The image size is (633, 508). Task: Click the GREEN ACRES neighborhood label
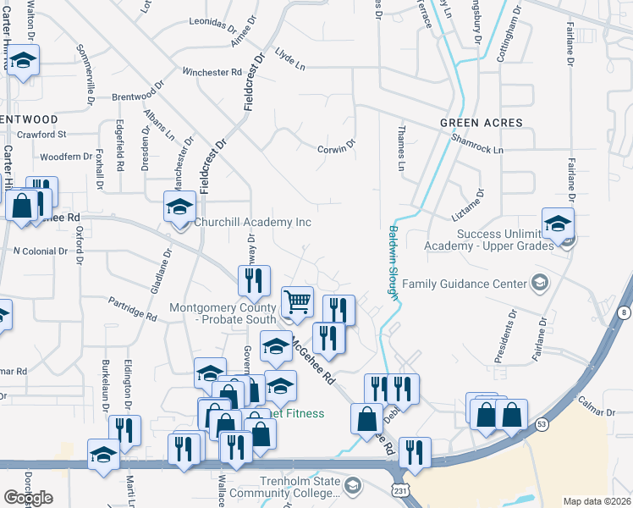[482, 123]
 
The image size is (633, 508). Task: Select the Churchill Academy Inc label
[253, 223]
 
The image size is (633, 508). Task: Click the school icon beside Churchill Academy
[179, 207]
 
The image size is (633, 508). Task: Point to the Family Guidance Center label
[464, 284]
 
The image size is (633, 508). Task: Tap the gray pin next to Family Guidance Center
[537, 283]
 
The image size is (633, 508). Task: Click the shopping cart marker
[297, 302]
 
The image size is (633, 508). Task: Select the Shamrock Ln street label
[477, 144]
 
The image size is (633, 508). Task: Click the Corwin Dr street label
[336, 150]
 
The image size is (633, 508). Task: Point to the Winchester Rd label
[212, 73]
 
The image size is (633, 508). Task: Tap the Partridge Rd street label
[133, 310]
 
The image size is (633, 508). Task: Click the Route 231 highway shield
[399, 490]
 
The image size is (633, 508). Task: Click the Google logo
[28, 498]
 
